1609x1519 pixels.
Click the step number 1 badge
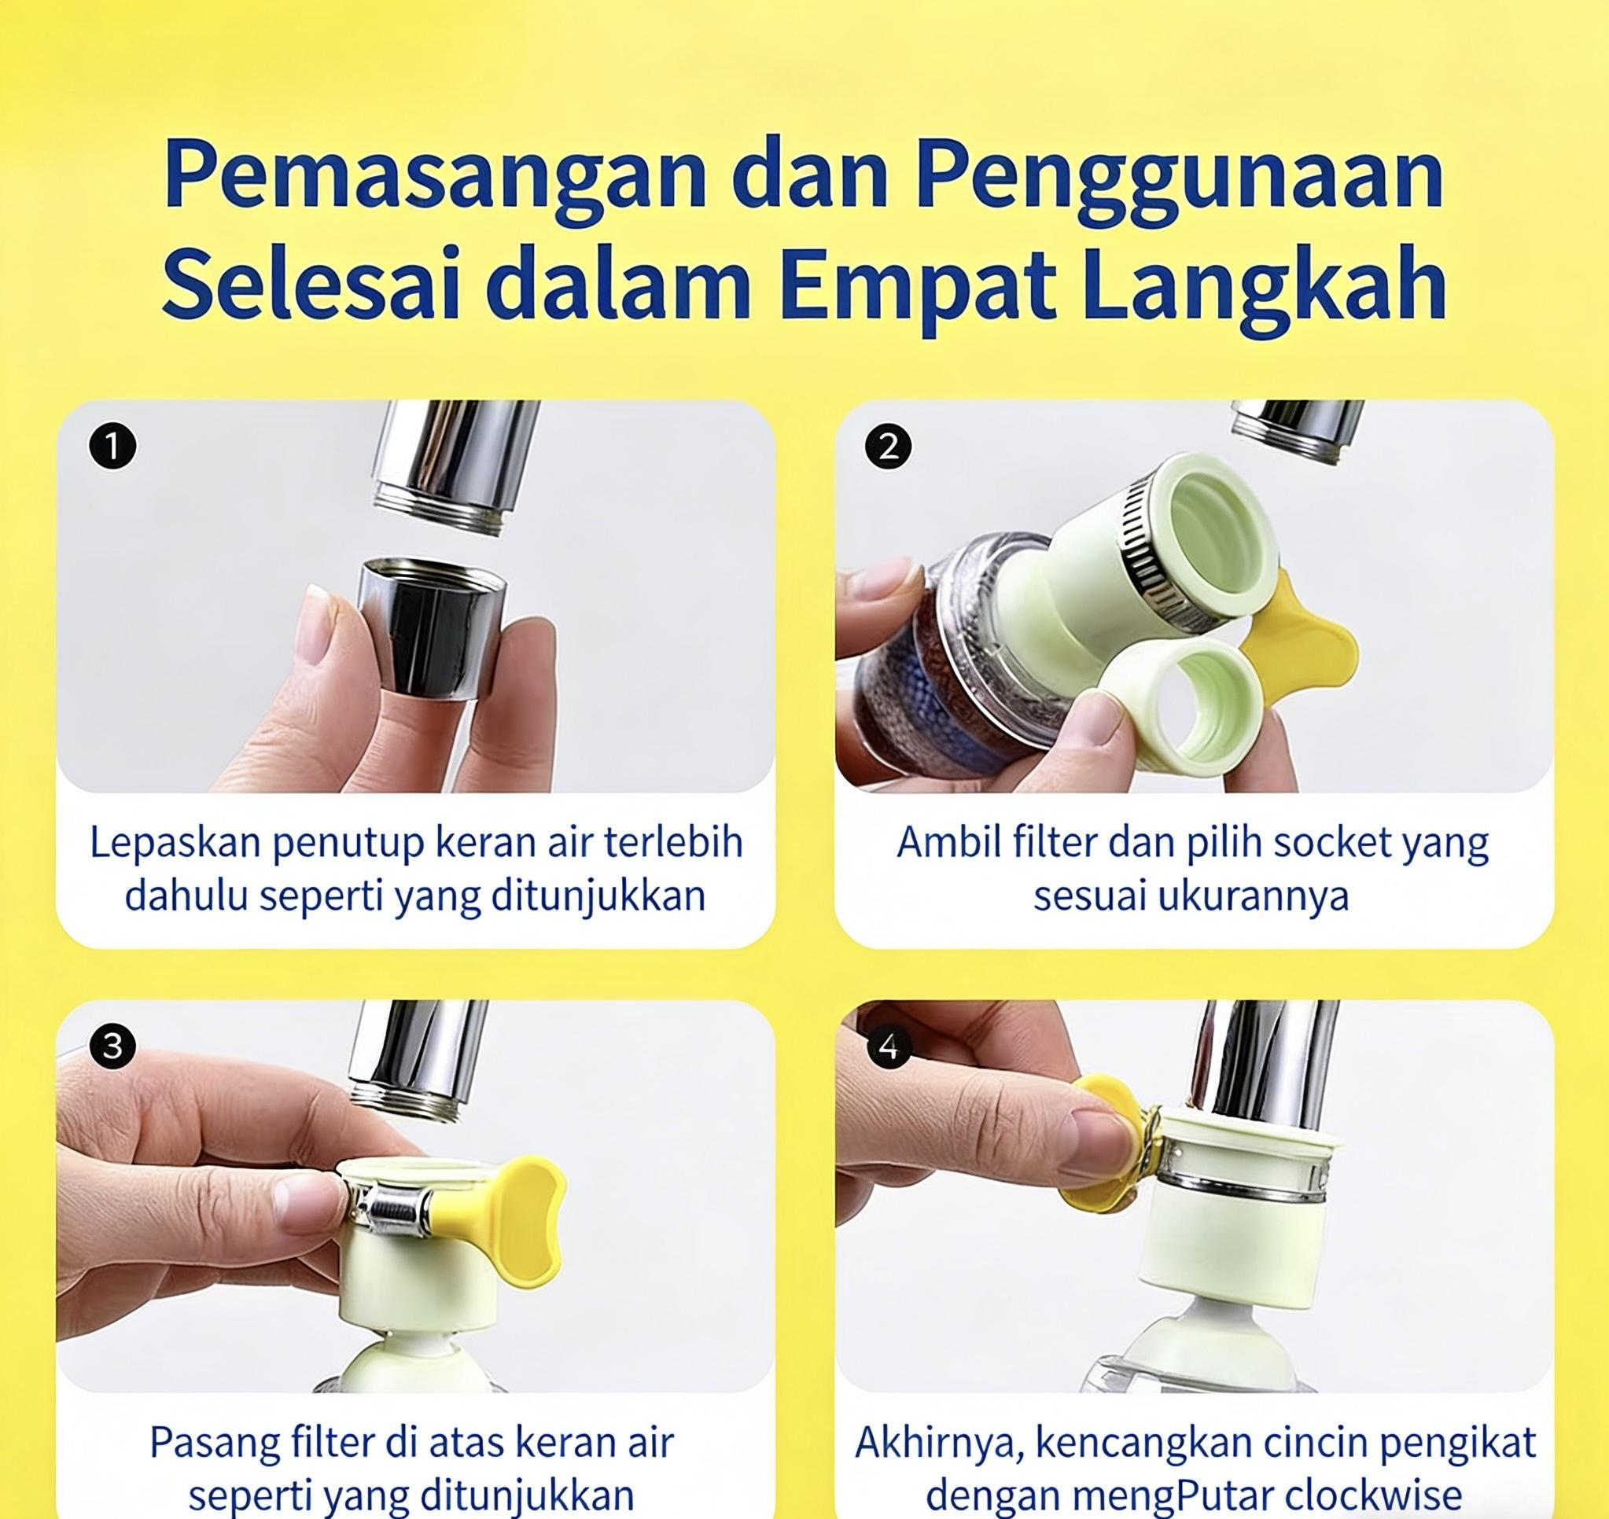(112, 446)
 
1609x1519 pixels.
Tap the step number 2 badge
(889, 446)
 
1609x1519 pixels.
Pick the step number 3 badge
(112, 1046)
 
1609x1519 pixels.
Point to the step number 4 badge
(889, 1047)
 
